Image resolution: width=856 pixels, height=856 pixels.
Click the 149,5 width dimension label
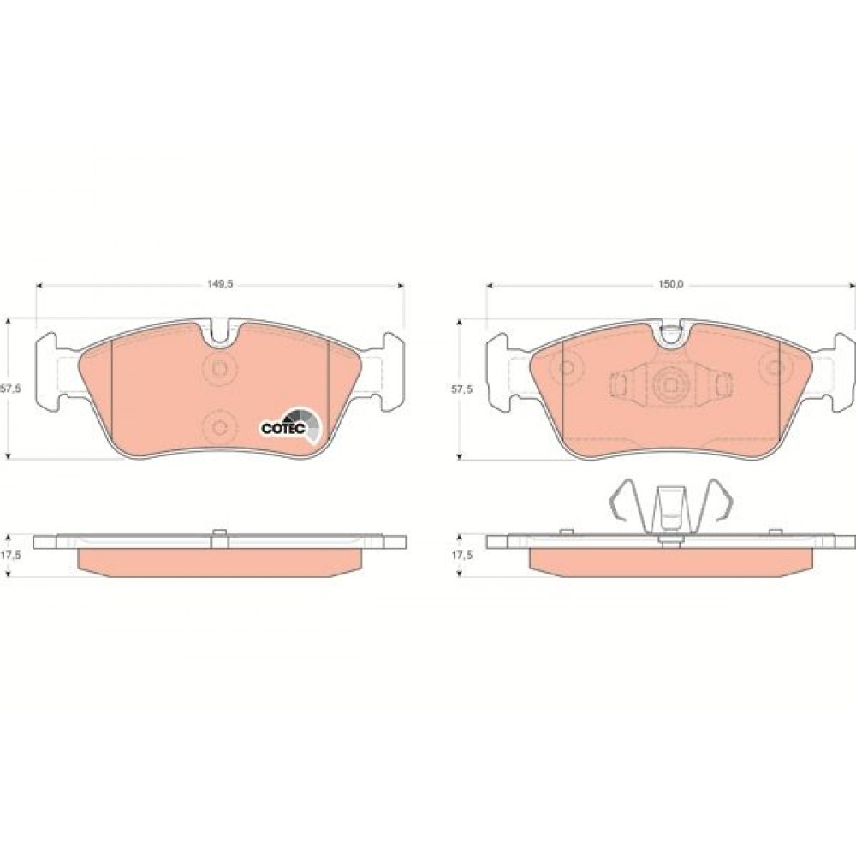pyautogui.click(x=220, y=284)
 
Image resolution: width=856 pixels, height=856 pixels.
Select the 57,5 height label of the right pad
pyautogui.click(x=462, y=389)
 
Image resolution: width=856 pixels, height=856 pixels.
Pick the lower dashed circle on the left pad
pyautogui.click(x=219, y=427)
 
